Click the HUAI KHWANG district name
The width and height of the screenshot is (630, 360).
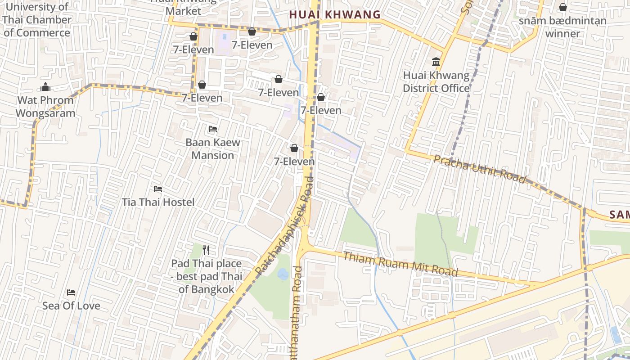[335, 14]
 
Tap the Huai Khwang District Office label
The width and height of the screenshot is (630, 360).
[436, 82]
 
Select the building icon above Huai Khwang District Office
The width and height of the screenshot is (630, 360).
[436, 62]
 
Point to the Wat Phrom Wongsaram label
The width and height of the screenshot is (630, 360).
[45, 107]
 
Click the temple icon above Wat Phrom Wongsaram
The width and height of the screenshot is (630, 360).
[45, 87]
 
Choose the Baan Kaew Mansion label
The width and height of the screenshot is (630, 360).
[213, 149]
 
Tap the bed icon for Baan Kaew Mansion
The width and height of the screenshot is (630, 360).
[213, 130]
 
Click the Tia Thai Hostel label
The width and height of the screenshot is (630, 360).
[158, 202]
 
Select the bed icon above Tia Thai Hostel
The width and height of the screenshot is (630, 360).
[158, 189]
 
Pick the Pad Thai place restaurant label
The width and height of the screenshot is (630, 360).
[207, 276]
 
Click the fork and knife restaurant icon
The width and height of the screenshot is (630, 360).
[206, 250]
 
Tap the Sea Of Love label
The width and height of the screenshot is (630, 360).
[71, 306]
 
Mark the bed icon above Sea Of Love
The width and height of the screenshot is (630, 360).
[71, 292]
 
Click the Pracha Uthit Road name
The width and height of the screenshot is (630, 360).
[479, 169]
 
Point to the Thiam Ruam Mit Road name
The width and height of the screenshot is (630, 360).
[400, 264]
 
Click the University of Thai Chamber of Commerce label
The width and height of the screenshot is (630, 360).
[37, 20]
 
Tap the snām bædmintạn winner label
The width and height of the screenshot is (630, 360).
[562, 27]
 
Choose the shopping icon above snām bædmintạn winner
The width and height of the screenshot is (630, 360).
[562, 8]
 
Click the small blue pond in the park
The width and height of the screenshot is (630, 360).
[283, 274]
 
